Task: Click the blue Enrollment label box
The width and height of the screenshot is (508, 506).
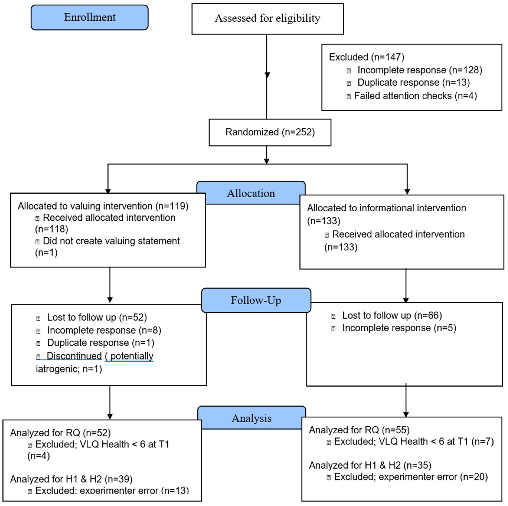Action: coord(89,17)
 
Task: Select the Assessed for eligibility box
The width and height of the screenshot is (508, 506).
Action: coord(267,19)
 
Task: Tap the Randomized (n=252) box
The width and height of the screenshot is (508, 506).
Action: coord(270,132)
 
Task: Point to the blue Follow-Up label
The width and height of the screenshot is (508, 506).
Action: coord(256,300)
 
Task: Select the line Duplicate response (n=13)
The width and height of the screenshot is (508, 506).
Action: coord(413,83)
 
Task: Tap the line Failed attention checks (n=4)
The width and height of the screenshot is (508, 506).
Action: coord(415,96)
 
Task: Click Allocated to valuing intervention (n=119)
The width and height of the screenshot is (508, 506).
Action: coord(103,206)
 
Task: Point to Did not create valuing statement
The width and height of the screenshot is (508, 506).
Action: coord(111,241)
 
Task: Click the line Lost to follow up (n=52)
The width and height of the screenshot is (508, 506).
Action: coord(97,317)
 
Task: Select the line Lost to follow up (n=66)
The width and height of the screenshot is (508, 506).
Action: coord(392,315)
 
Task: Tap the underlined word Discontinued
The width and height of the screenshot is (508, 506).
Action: coord(74,356)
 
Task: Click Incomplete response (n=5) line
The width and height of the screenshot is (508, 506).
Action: coord(399,328)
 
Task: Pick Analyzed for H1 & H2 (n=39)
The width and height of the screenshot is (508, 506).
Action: coord(71,479)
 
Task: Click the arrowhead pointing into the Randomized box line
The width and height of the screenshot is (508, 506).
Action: coord(267,75)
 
